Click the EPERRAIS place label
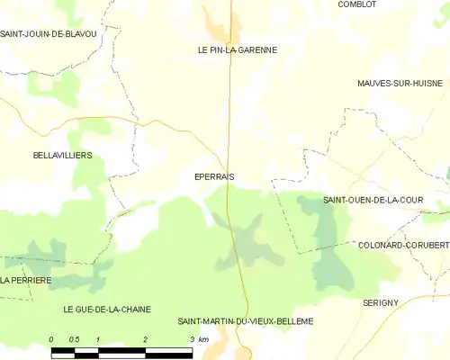tap(213, 177)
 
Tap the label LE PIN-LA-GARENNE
tap(238, 50)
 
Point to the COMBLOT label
tap(356, 4)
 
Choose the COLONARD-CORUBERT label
tap(402, 245)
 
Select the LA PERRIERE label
tap(26, 281)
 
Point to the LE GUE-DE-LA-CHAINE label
tap(107, 309)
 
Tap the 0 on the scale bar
tap(51, 339)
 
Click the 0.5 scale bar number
tap(75, 339)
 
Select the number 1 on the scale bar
tap(98, 339)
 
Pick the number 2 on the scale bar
tap(145, 339)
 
